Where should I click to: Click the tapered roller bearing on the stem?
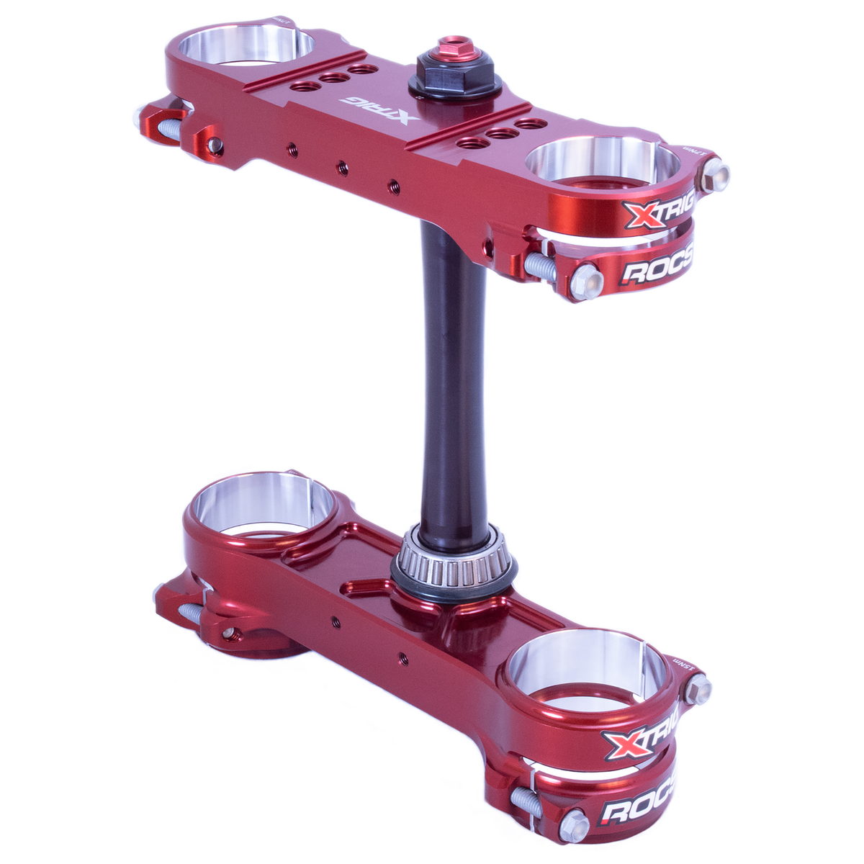point(453,557)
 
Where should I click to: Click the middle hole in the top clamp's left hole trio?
point(332,78)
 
